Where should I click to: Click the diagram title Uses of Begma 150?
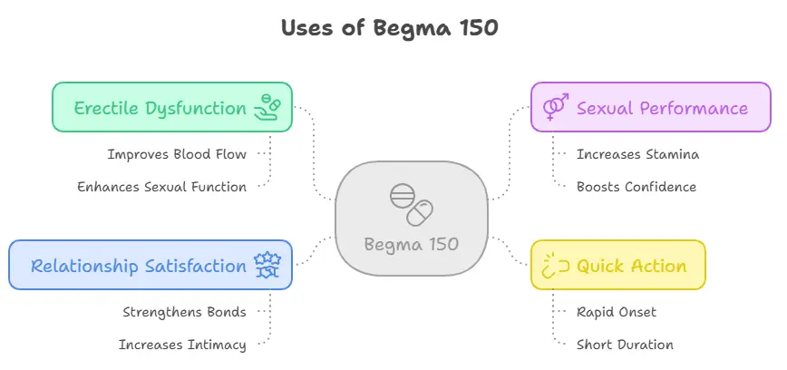[389, 28]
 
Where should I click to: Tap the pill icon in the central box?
[411, 205]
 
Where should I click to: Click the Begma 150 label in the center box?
[411, 244]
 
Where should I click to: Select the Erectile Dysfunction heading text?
[160, 108]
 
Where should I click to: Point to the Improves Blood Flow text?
[177, 154]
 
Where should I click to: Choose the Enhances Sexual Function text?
[161, 187]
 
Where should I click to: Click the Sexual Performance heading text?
[662, 108]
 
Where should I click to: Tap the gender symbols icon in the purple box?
[555, 108]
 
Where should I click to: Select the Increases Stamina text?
[637, 154]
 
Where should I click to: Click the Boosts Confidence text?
[636, 187]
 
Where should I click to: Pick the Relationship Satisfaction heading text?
[138, 266]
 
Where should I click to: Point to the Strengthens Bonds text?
[184, 312]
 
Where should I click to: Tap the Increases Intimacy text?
[182, 345]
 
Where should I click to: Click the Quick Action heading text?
[631, 266]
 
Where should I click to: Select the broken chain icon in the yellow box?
[555, 266]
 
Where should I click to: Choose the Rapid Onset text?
[617, 312]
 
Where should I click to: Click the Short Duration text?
[625, 345]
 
